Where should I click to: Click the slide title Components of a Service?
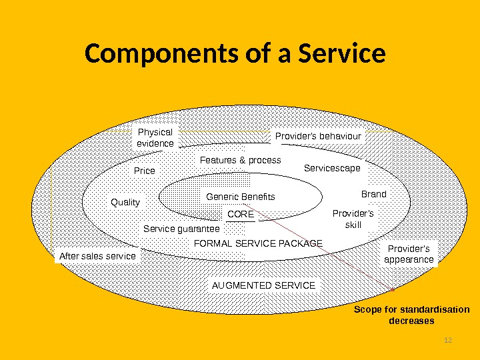(x=235, y=55)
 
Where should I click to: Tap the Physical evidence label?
(x=155, y=137)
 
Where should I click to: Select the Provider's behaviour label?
(x=318, y=136)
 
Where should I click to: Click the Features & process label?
(x=241, y=160)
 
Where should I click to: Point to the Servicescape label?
(x=332, y=168)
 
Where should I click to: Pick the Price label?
(x=145, y=171)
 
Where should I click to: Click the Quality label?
(x=125, y=202)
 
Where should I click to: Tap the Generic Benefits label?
(x=241, y=197)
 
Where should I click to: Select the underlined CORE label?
(x=241, y=214)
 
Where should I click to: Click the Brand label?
(x=373, y=194)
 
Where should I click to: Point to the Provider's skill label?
(x=353, y=219)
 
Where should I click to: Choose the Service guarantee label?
(x=181, y=229)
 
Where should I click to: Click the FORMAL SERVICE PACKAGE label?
(x=258, y=243)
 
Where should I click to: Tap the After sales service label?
(x=97, y=255)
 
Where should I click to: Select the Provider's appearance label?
(x=409, y=254)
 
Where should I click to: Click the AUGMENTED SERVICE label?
(x=263, y=285)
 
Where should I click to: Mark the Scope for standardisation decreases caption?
(x=411, y=315)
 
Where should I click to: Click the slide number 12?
(x=448, y=341)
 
